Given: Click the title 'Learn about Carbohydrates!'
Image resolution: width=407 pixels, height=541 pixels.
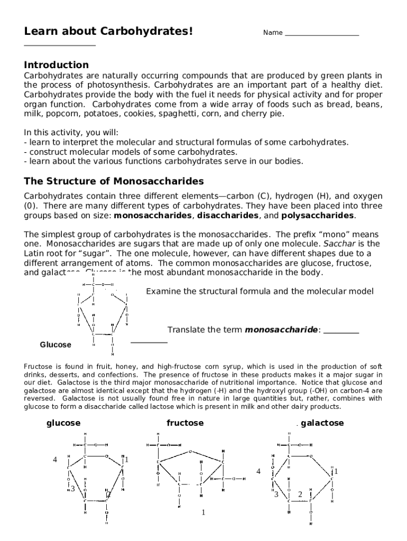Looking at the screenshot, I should [108, 32].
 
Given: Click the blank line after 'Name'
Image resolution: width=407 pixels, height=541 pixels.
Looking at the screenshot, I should [321, 35].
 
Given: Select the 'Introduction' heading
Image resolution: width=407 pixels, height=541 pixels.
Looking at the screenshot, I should [57, 65].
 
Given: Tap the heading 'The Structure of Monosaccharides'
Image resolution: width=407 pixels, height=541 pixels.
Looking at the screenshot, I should [114, 181].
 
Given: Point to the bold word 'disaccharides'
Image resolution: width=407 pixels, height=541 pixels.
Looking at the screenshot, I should [228, 216].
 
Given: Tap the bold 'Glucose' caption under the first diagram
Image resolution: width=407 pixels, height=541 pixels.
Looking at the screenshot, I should [55, 345].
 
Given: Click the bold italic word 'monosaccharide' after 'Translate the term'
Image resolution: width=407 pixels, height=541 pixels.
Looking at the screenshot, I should [281, 330].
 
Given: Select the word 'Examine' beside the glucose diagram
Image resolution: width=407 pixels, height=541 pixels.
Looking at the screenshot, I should [161, 292].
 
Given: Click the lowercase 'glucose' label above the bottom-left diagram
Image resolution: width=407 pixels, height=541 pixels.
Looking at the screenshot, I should [63, 423].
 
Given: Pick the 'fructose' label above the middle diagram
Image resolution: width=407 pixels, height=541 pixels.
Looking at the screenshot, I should [185, 423].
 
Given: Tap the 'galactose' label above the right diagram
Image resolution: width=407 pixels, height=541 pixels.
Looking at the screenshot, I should [322, 423].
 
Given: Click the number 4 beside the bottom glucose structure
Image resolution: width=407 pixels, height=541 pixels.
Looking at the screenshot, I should [54, 460].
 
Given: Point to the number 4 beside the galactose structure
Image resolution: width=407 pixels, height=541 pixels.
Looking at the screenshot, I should [258, 471].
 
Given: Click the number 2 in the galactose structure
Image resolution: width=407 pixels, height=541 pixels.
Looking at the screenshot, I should [300, 495].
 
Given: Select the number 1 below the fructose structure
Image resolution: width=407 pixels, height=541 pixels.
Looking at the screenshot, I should [203, 512].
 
